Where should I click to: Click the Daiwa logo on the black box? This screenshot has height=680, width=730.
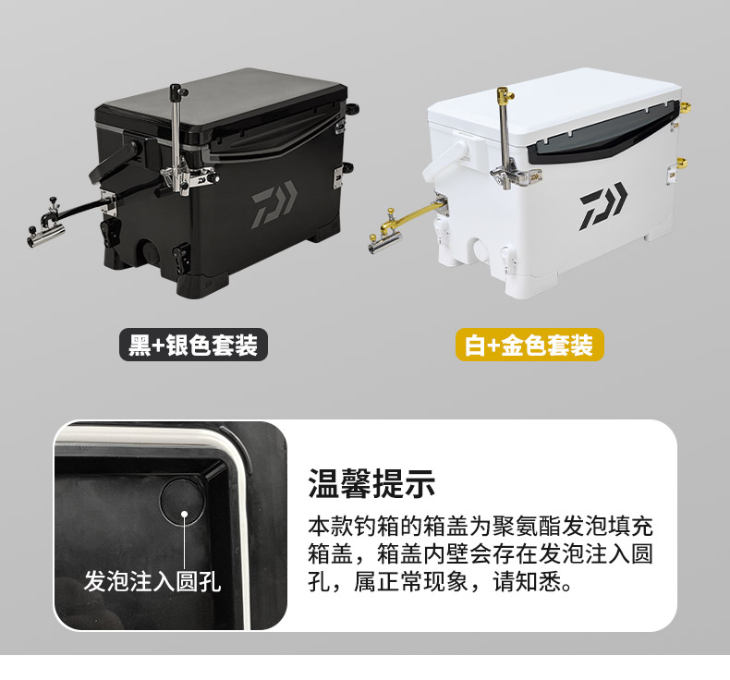pyautogui.click(x=274, y=205)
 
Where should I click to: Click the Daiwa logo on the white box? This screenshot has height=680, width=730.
pyautogui.click(x=603, y=205)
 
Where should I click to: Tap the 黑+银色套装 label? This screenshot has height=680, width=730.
pyautogui.click(x=193, y=345)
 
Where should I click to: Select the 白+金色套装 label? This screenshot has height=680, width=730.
pyautogui.click(x=529, y=345)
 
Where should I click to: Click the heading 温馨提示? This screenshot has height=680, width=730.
pyautogui.click(x=371, y=483)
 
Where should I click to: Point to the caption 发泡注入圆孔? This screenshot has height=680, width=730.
pyautogui.click(x=152, y=581)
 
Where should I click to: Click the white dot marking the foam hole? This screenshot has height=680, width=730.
pyautogui.click(x=185, y=515)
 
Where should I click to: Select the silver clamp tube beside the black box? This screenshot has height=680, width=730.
pyautogui.click(x=44, y=239)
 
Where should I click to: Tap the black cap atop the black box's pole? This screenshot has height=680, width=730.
pyautogui.click(x=177, y=91)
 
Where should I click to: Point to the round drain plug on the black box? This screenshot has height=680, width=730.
pyautogui.click(x=149, y=252)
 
